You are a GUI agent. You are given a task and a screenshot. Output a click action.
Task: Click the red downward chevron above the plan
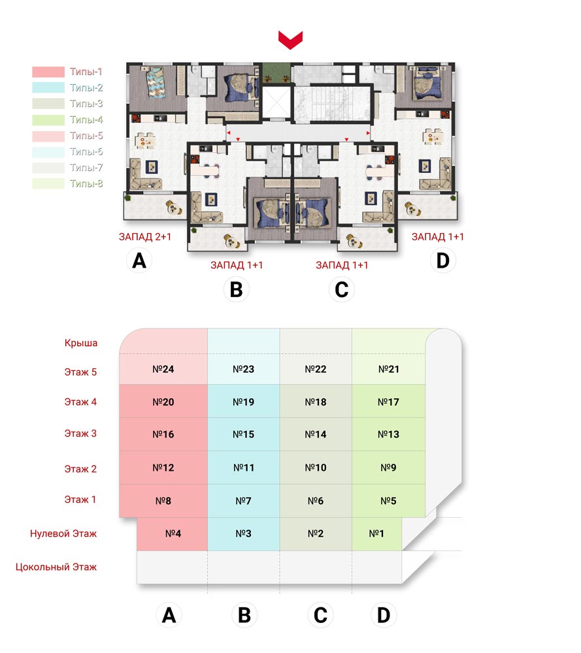pos(290,40)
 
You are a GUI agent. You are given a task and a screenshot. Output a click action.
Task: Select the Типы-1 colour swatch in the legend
pos(48,72)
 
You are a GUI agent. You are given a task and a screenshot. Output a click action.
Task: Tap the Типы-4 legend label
pos(86,120)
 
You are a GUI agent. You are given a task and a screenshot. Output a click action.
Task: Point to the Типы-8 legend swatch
pos(48,183)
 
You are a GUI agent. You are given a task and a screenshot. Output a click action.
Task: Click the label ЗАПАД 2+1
pos(145,237)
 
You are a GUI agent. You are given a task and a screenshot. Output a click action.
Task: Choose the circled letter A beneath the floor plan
pos(139,261)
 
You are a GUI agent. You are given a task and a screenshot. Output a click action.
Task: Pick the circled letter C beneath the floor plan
pos(341,289)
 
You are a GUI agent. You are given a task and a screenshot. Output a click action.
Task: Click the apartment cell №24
pos(163,369)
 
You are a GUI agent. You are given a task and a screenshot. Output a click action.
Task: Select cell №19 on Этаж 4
pos(244,401)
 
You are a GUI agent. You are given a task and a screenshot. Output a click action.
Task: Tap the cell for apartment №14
pos(316,434)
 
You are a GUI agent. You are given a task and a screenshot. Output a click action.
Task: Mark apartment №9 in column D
pos(388,468)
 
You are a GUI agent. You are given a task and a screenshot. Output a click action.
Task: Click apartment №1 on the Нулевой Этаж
pos(377,534)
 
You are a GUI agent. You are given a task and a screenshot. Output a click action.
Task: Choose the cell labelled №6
pos(316,501)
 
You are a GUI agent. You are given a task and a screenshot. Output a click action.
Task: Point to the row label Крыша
pos(81,343)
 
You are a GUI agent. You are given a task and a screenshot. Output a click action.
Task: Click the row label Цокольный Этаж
pos(56,567)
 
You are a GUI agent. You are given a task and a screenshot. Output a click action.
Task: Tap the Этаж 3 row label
pos(80,434)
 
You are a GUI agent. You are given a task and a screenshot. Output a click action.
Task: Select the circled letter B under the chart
pos(244,614)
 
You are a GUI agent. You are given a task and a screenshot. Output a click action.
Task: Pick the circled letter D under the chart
pos(384,614)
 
